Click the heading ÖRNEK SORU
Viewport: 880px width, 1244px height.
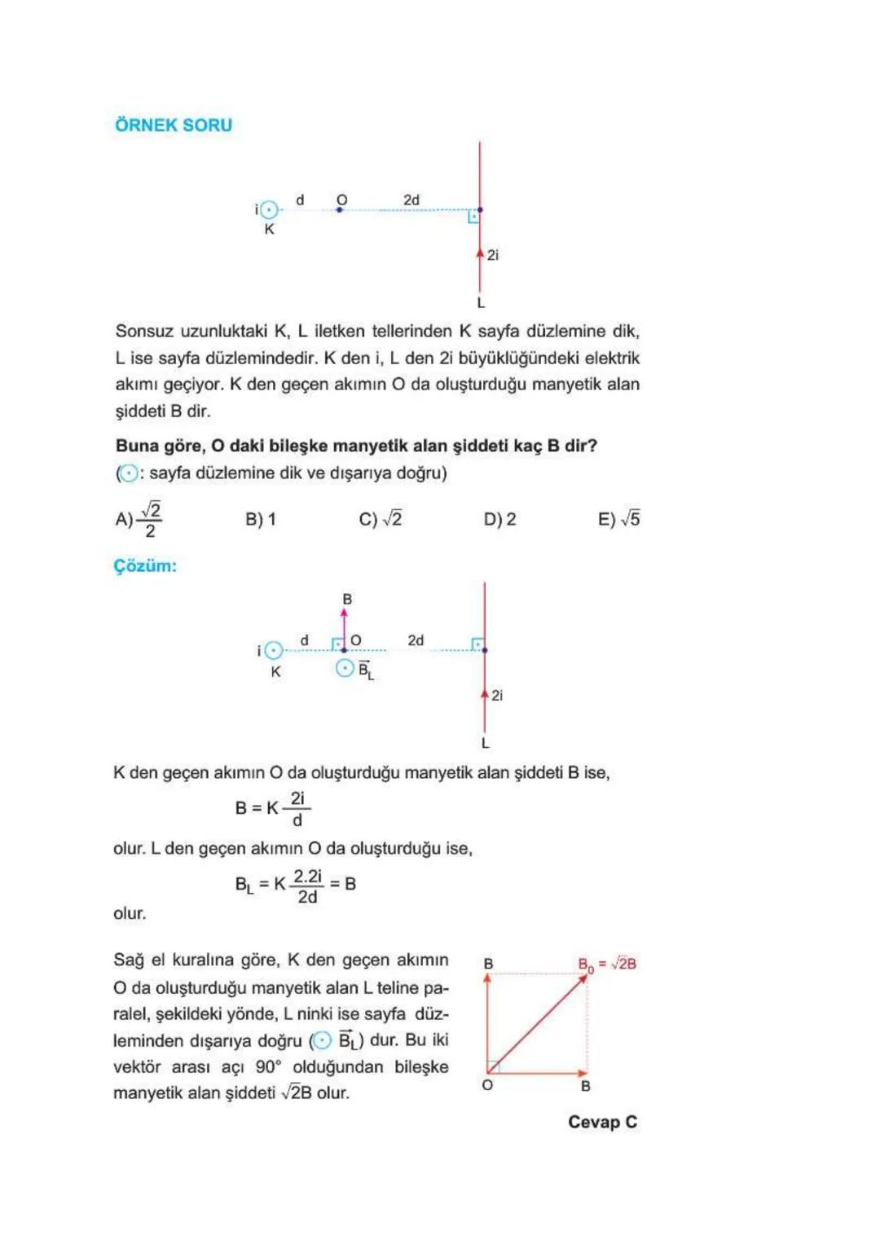tap(174, 125)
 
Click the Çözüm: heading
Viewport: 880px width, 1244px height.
tap(145, 566)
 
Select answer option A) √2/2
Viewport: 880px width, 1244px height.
tap(139, 519)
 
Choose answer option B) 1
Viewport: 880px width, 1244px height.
tap(261, 519)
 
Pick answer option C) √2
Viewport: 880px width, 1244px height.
tap(381, 519)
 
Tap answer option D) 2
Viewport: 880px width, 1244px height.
tap(499, 519)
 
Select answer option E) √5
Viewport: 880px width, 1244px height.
tap(618, 519)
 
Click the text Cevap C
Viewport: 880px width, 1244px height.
tap(602, 1122)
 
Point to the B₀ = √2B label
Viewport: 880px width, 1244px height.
tap(607, 964)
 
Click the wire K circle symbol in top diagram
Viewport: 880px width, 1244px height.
tap(270, 210)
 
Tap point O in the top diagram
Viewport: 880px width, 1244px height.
tap(340, 209)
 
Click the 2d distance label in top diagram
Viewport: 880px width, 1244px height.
tap(411, 200)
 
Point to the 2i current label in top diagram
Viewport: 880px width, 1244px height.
tap(492, 255)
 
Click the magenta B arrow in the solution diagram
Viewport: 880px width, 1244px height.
tap(344, 628)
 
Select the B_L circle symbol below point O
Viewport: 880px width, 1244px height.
tap(345, 669)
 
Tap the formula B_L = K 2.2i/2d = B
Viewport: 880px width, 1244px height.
tap(295, 885)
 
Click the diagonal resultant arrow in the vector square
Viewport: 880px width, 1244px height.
tap(537, 1023)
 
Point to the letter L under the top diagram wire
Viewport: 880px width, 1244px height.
tap(481, 303)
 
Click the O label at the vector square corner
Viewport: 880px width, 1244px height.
tap(487, 1085)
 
